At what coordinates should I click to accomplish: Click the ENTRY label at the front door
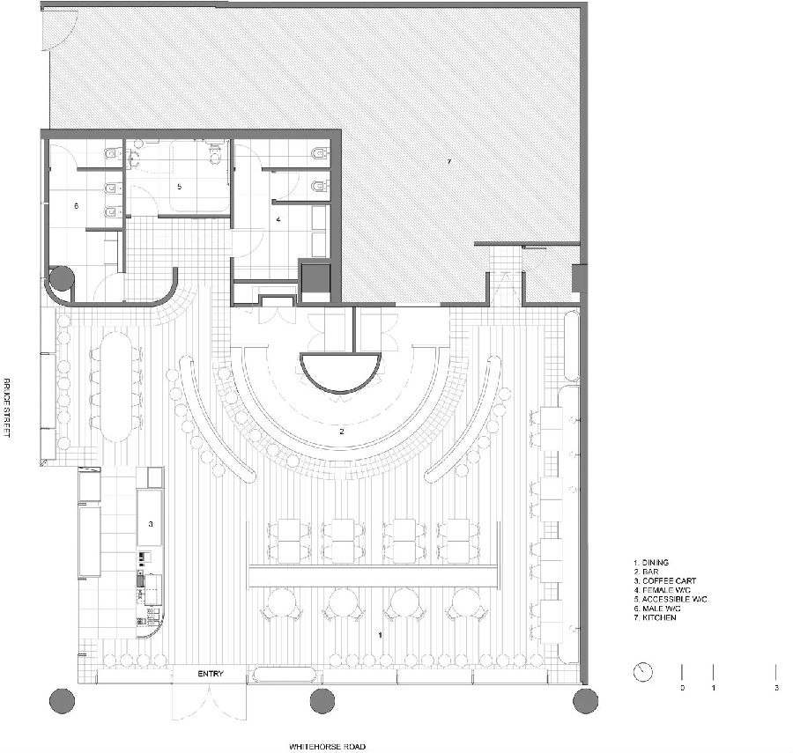click(x=211, y=674)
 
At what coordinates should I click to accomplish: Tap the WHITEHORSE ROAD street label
click(x=327, y=747)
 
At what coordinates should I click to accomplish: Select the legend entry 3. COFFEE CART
click(x=665, y=580)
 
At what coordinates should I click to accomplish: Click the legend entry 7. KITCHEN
click(x=655, y=617)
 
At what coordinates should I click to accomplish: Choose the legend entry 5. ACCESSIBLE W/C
click(x=671, y=599)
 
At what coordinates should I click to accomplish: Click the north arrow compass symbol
click(x=643, y=672)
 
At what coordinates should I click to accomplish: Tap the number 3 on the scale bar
click(x=776, y=688)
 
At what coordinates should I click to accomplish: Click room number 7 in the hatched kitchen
click(x=448, y=162)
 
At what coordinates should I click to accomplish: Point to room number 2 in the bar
click(x=342, y=431)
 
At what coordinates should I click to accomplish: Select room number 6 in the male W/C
click(x=77, y=206)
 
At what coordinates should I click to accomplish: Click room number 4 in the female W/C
click(x=278, y=219)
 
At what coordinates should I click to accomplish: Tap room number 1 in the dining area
click(x=380, y=635)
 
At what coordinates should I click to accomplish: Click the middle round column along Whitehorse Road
click(x=322, y=700)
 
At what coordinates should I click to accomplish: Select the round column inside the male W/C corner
click(x=63, y=278)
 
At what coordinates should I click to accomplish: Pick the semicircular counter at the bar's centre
click(x=339, y=373)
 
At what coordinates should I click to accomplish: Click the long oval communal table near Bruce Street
click(x=115, y=388)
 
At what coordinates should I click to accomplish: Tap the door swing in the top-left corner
click(x=59, y=29)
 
